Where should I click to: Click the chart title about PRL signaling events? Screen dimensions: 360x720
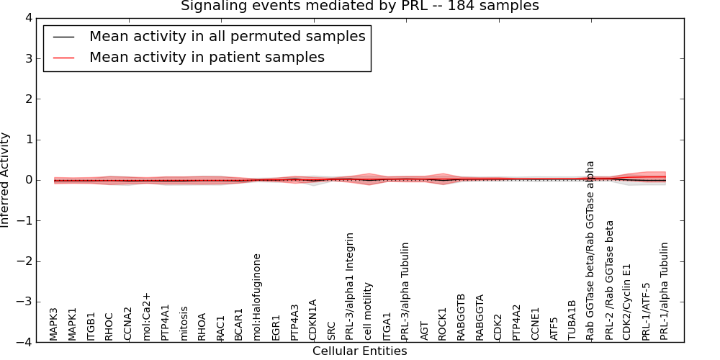[359, 6]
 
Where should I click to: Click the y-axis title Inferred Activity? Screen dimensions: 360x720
[6, 180]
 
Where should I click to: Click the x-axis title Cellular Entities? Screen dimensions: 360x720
[359, 351]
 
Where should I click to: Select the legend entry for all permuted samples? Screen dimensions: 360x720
[227, 36]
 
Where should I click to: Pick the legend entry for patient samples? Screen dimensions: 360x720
[207, 57]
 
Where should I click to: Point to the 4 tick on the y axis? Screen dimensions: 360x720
[31, 18]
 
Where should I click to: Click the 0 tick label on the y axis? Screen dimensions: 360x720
[31, 180]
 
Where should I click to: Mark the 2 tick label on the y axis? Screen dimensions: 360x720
[31, 99]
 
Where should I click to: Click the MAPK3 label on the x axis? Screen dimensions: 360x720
[54, 323]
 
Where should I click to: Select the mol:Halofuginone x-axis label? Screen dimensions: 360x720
[257, 296]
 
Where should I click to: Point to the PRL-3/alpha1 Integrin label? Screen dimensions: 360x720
[350, 285]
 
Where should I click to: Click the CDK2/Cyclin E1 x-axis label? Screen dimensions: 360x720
[627, 302]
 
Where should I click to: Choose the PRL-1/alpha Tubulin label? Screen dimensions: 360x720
[664, 290]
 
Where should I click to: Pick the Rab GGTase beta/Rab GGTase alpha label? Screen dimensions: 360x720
[590, 250]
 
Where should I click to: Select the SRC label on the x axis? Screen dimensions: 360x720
[331, 330]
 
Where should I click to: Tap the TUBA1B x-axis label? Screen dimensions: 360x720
[572, 320]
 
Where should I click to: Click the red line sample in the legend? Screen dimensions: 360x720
[63, 57]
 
